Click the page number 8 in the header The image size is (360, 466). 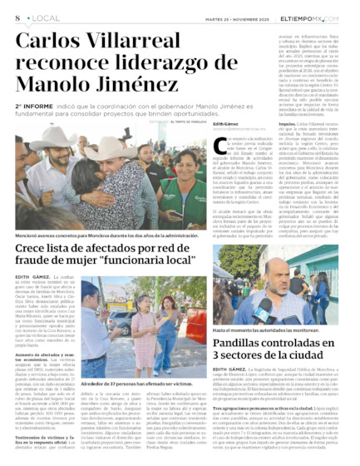(x=17, y=17)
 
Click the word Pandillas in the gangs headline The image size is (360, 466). (x=246, y=344)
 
